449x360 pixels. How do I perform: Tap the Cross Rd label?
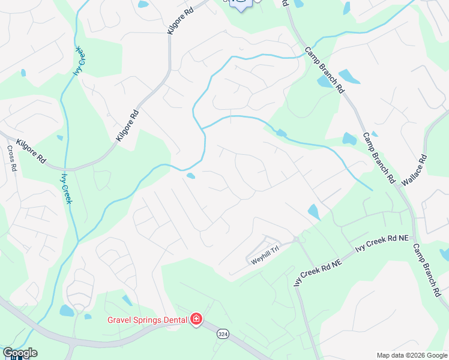(11, 158)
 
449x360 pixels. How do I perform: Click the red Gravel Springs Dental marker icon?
(196, 319)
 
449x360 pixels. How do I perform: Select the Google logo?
(20, 353)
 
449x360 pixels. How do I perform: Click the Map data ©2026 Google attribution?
(411, 355)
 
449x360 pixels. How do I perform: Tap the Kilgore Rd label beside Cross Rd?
(31, 152)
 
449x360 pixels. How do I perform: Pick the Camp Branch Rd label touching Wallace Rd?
(379, 158)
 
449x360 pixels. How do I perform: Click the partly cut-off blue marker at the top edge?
(241, 5)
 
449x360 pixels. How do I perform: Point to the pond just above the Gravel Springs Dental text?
(128, 301)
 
